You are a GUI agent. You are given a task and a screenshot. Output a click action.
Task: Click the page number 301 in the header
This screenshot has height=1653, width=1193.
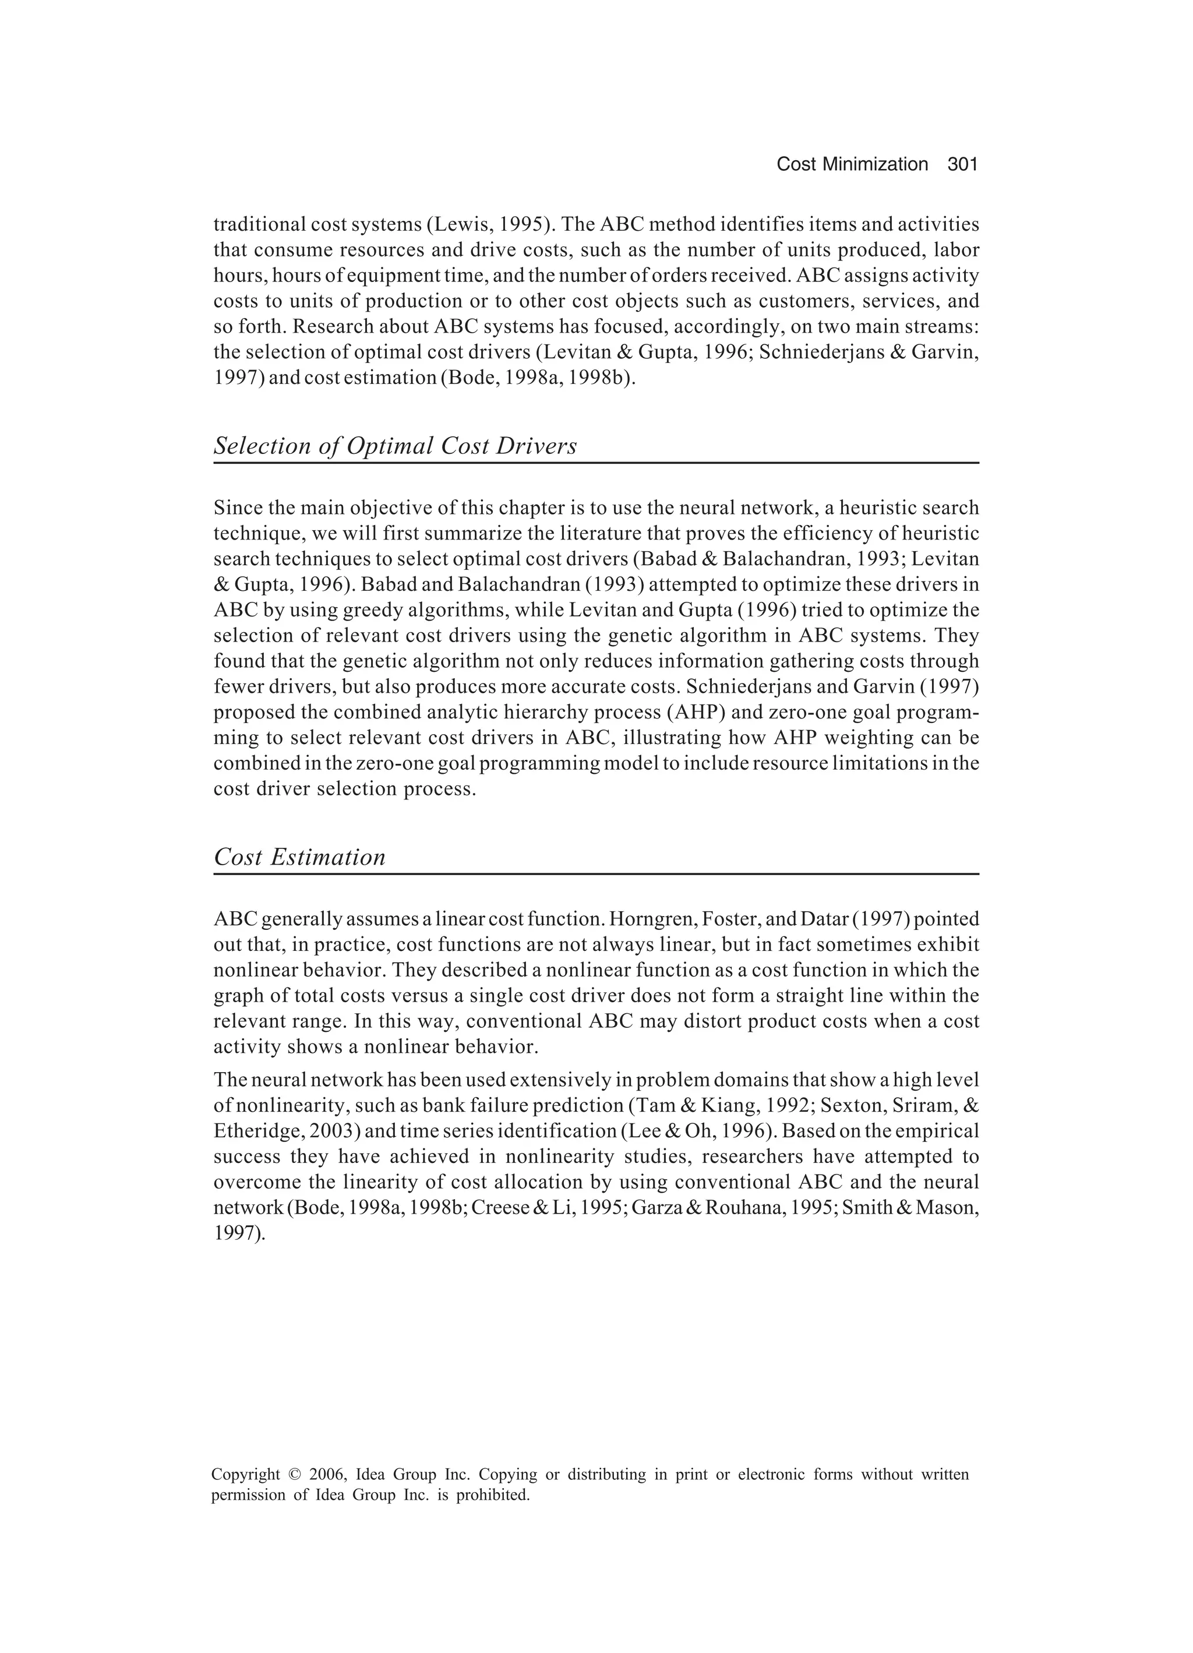961,165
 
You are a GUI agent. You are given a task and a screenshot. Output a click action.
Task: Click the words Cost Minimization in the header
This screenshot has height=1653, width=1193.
851,165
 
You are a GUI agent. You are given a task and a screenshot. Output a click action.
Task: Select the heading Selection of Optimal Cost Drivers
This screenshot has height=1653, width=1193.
395,446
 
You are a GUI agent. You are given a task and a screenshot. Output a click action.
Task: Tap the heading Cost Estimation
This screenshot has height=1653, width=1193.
299,857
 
